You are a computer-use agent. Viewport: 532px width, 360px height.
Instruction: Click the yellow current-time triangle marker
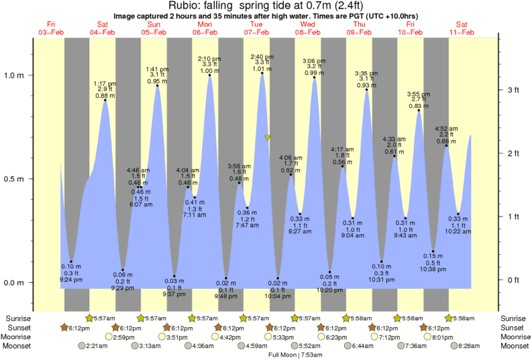(268, 138)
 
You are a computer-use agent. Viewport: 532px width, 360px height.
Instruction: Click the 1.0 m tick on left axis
(32, 75)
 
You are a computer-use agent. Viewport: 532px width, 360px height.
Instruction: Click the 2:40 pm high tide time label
(262, 57)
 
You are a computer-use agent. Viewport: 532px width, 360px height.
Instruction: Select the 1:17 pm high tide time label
(105, 84)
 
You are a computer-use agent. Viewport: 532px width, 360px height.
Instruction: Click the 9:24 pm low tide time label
(71, 280)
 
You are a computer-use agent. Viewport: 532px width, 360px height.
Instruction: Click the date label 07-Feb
(256, 33)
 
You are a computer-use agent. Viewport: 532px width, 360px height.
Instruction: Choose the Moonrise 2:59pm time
(125, 337)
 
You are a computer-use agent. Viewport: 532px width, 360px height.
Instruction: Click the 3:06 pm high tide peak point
(315, 78)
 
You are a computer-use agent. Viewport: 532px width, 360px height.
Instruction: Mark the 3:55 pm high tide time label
(418, 94)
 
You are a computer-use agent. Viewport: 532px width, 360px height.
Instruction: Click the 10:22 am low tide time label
(458, 232)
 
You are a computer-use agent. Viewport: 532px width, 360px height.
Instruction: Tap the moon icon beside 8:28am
(455, 346)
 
